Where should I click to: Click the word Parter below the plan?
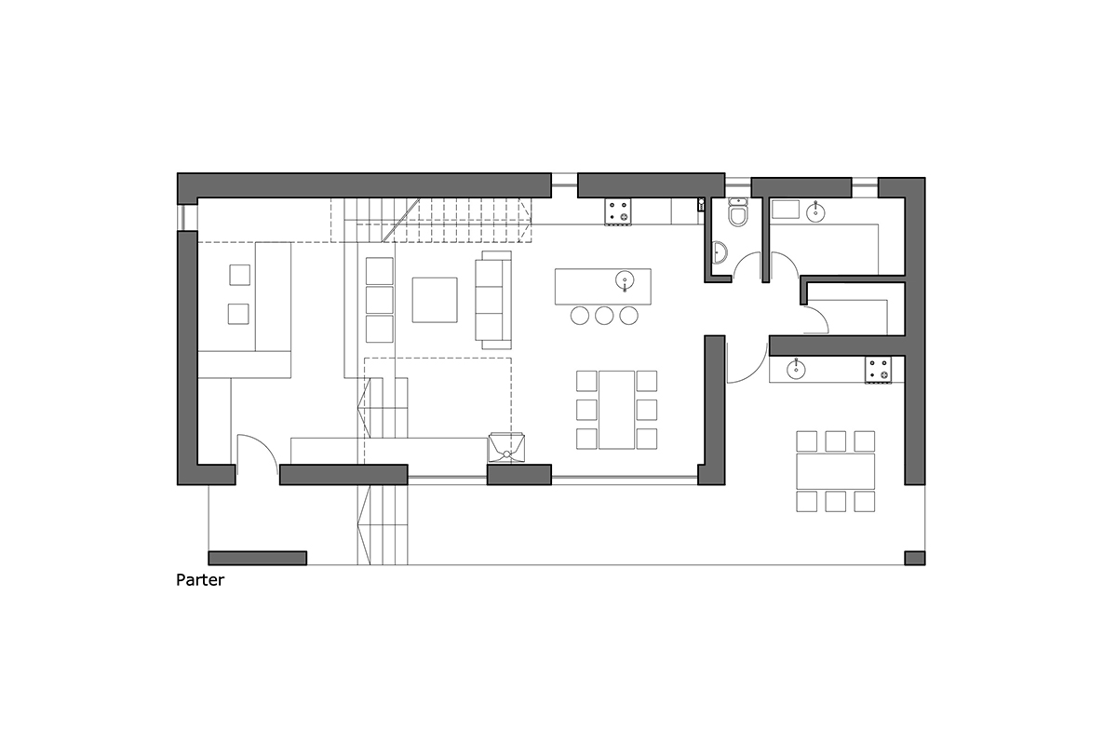[200, 581]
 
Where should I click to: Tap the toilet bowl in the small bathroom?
[738, 216]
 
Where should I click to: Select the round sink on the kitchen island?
[625, 279]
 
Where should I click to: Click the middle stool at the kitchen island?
[604, 316]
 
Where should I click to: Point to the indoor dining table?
[616, 409]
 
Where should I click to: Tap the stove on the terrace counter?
[880, 369]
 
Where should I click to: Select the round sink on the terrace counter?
[797, 371]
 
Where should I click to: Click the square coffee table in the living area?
[435, 300]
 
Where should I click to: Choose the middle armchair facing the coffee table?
[380, 300]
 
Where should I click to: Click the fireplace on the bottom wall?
[508, 447]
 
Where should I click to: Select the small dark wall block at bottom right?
[914, 558]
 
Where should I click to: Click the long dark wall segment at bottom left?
[258, 558]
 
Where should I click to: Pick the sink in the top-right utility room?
[816, 211]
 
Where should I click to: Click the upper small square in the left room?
[239, 275]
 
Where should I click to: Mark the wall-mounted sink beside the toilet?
[720, 251]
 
